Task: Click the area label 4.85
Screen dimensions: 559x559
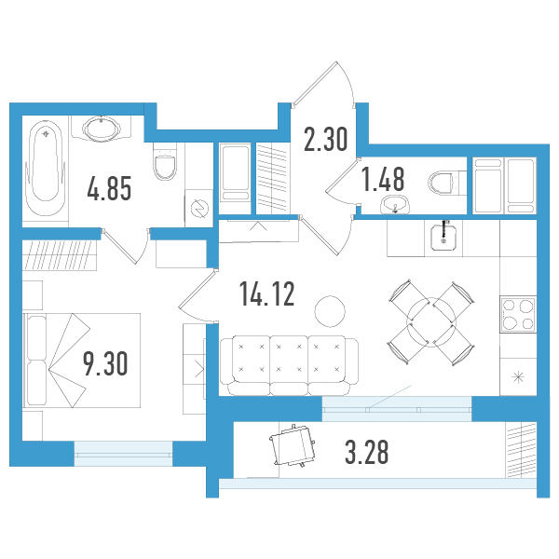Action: point(109,188)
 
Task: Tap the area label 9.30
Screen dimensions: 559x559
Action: point(105,363)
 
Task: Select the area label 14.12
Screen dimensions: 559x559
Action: point(267,293)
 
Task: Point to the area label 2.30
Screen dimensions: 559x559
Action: point(325,140)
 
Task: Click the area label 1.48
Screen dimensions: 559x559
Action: point(383,179)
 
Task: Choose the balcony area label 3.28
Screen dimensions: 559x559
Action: point(367,452)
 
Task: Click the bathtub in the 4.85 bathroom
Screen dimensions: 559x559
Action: point(46,169)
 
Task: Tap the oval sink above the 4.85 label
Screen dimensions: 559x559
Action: point(102,128)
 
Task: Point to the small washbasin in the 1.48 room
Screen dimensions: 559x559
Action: point(395,205)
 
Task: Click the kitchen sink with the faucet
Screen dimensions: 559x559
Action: point(443,237)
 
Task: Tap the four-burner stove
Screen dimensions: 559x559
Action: point(518,314)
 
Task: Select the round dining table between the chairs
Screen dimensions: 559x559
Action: point(431,322)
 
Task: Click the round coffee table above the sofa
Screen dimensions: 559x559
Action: point(330,311)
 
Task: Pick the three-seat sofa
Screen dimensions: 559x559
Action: point(289,365)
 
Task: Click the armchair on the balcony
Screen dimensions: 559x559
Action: point(293,445)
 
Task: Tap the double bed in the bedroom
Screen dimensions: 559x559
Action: point(82,360)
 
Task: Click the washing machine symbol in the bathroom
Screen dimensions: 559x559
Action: point(198,209)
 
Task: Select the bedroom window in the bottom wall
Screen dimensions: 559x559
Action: point(123,454)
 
